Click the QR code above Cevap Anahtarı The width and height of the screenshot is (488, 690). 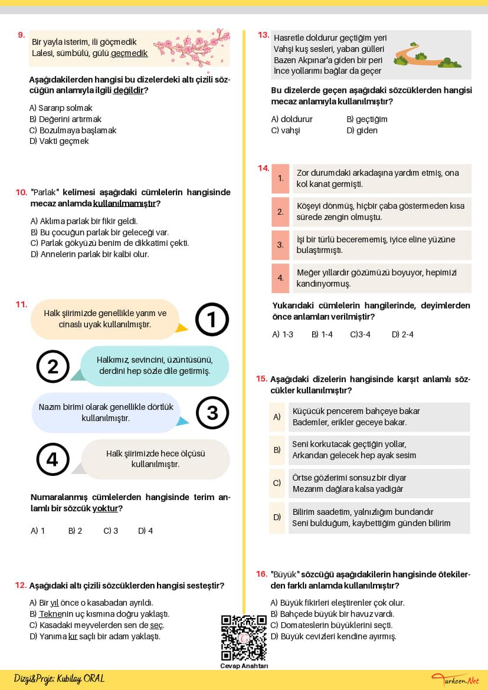click(244, 638)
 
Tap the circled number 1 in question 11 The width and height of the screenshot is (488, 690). click(211, 320)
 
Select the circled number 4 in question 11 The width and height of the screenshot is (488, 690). click(53, 459)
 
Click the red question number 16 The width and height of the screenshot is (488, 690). click(261, 574)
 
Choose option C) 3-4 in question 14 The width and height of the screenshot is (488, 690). click(360, 334)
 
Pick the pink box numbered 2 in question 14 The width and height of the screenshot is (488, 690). click(280, 212)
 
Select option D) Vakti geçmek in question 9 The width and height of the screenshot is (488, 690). click(59, 141)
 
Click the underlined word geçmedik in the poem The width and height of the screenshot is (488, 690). click(129, 53)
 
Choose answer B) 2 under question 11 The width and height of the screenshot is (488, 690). click(75, 531)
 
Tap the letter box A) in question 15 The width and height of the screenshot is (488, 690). click(277, 417)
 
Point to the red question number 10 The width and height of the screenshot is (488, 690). click(21, 192)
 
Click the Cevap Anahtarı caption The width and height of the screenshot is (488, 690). click(244, 666)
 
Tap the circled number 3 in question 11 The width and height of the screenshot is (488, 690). click(212, 412)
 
